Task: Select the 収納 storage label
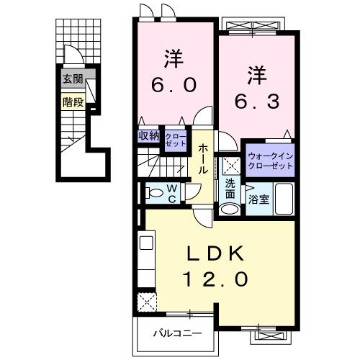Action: click(149, 135)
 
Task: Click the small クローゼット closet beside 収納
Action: click(174, 138)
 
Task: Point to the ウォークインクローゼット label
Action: click(271, 161)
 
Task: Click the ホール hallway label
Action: click(204, 160)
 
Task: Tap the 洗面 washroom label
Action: click(230, 189)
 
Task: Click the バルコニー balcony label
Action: click(177, 333)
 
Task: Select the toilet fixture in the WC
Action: click(152, 193)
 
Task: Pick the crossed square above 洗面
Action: click(230, 165)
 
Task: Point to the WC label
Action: click(173, 193)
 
